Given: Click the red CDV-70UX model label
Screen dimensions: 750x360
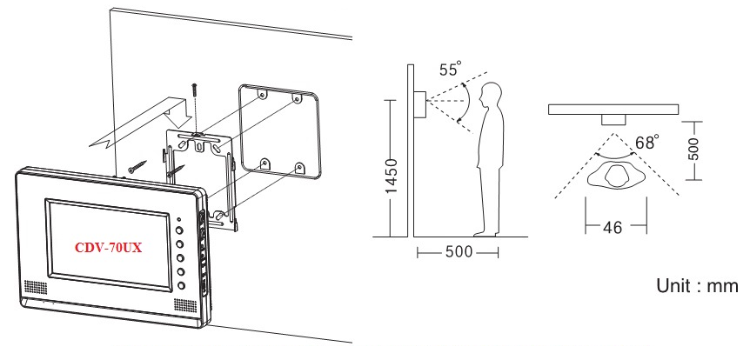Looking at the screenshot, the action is click(109, 248).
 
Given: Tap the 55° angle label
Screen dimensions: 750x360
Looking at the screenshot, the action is click(451, 70).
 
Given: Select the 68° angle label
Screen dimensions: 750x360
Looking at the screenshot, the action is click(647, 142).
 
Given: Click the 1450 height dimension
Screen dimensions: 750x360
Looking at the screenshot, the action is click(392, 177).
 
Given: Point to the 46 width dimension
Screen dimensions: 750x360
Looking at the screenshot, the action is click(613, 227).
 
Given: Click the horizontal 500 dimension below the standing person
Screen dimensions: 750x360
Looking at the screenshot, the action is click(459, 252).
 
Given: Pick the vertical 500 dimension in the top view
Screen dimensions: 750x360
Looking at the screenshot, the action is click(694, 149).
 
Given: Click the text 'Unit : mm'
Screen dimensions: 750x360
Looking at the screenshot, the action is click(697, 286).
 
